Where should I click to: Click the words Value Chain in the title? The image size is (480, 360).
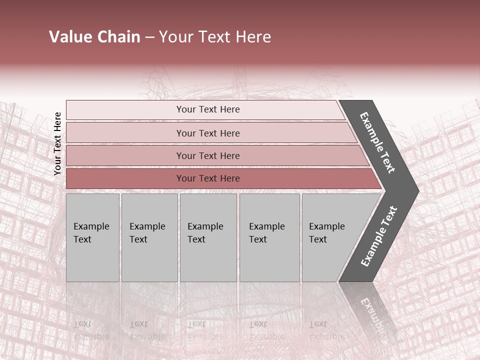94,37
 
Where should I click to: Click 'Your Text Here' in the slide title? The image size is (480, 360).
215,37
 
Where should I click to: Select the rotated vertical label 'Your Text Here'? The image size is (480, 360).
57,143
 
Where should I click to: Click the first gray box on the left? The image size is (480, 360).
92,260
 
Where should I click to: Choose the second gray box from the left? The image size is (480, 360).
149,260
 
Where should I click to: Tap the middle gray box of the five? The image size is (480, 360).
208,260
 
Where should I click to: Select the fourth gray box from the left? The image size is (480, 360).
269,260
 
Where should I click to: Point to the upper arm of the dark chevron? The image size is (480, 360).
378,142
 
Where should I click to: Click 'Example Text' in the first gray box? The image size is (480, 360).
91,232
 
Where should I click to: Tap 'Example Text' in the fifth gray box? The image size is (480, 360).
326,232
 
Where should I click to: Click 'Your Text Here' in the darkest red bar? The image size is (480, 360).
208,178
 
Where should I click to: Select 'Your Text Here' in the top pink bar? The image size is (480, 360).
208,109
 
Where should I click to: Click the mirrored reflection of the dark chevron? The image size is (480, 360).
372,310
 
